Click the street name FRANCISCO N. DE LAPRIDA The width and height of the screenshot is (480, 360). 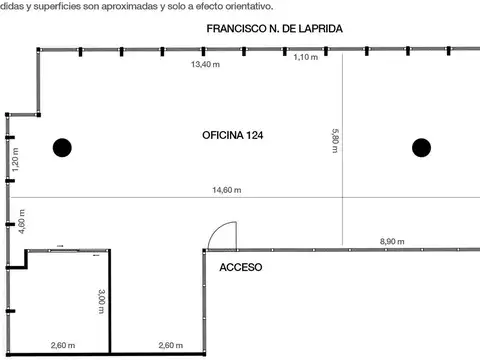click(274, 30)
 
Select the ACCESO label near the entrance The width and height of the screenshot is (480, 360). click(240, 267)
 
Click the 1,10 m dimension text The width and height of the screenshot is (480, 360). click(305, 58)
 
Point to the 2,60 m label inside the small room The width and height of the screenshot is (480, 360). click(64, 345)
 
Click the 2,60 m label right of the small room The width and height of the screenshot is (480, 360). click(171, 345)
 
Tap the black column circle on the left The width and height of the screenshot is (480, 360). click(62, 148)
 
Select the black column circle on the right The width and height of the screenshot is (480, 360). click(422, 148)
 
